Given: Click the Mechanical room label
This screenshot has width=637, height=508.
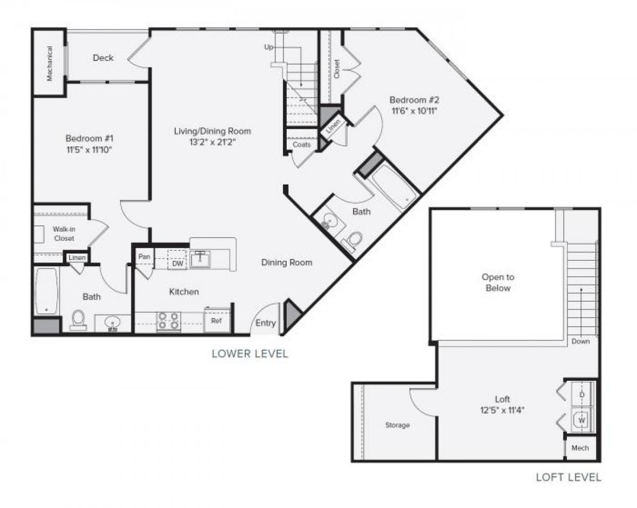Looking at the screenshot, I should pos(50,63).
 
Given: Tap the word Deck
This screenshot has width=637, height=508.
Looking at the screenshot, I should pos(103,58).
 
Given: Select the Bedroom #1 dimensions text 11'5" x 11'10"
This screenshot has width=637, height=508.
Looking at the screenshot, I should pos(89,150).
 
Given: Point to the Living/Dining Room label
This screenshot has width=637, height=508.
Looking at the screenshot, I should pos(212,131).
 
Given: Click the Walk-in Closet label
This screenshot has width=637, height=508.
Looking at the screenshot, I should pos(63,234).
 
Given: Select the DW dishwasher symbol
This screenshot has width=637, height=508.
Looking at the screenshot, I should pos(178,262).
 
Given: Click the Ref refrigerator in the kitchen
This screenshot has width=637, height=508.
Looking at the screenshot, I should pos(217,321).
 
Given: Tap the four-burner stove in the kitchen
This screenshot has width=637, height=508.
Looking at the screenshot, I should pos(169,321).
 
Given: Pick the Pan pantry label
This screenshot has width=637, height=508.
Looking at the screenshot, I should pos(143,257).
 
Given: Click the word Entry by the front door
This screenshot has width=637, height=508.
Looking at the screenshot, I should pos(265,323).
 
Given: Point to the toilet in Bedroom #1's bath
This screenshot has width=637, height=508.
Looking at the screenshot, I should pos(78,319).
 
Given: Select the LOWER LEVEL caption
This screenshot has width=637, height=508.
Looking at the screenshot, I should pos(249,354).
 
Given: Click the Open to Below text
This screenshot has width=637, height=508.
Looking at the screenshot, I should pos(497,283).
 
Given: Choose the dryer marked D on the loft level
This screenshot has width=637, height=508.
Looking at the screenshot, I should pos(582,395).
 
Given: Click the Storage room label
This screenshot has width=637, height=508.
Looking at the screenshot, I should pos(397,425).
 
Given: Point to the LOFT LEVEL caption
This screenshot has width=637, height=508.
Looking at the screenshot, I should pos(568,477).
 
